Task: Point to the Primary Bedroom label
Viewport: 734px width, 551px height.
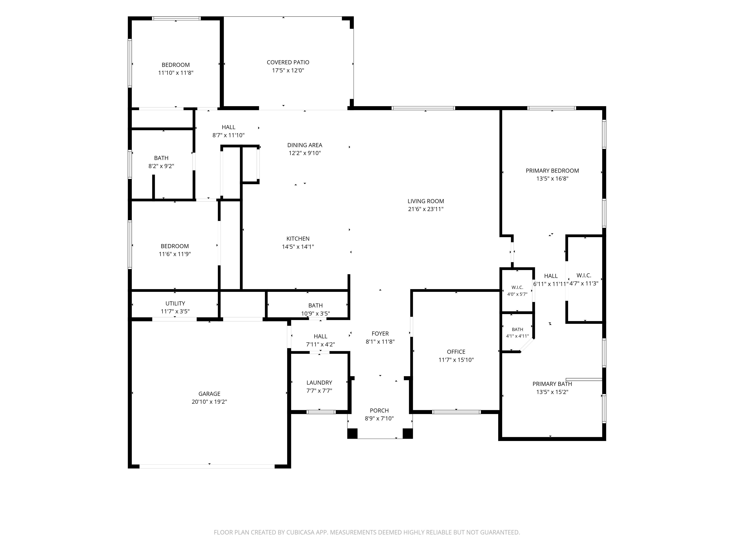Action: [x=552, y=171]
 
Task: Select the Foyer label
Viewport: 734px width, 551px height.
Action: [x=380, y=334]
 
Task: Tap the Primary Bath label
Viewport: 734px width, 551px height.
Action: [x=552, y=384]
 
